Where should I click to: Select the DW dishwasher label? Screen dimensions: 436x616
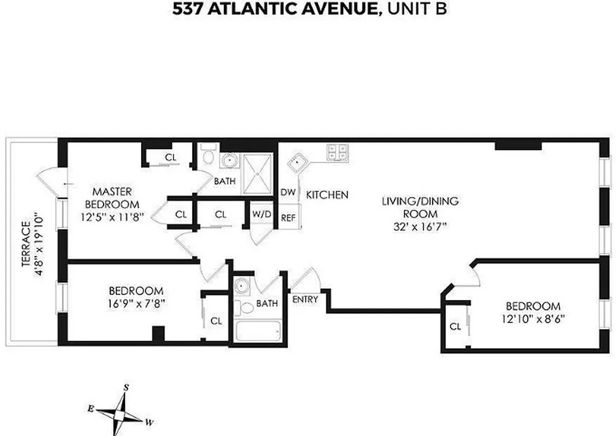pyautogui.click(x=288, y=192)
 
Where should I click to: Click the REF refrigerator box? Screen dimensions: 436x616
pyautogui.click(x=288, y=217)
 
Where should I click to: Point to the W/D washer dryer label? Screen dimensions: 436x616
pyautogui.click(x=260, y=214)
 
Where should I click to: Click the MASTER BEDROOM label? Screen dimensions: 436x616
pyautogui.click(x=112, y=198)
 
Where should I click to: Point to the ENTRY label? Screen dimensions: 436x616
pyautogui.click(x=306, y=299)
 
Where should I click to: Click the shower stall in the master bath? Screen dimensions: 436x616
pyautogui.click(x=256, y=173)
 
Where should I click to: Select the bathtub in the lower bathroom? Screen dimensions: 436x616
pyautogui.click(x=258, y=331)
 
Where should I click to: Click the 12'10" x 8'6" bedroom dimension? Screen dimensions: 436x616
pyautogui.click(x=533, y=319)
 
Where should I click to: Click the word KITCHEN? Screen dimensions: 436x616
pyautogui.click(x=327, y=195)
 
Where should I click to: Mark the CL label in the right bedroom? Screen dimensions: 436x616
pyautogui.click(x=455, y=326)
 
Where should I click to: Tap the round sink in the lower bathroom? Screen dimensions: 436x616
pyautogui.click(x=242, y=285)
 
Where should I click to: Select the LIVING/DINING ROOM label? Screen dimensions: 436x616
pyautogui.click(x=420, y=208)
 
